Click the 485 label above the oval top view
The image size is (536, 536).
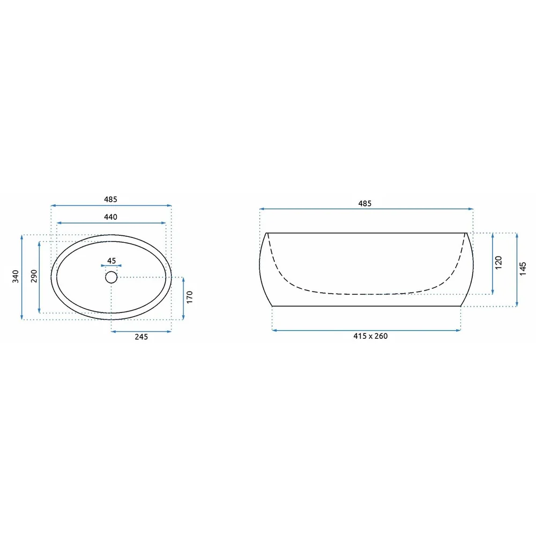click(111, 199)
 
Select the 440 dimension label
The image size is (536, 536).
click(111, 217)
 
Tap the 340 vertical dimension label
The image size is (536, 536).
click(16, 276)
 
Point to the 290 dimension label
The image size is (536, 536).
click(34, 276)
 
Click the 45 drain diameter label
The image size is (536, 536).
click(111, 261)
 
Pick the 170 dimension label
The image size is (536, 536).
click(190, 297)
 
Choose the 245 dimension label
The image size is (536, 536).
click(141, 337)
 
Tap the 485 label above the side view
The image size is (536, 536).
click(364, 204)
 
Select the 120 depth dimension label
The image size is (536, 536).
click(498, 263)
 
